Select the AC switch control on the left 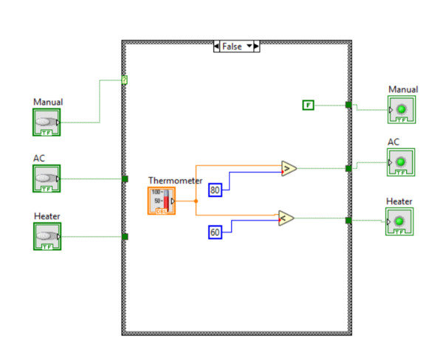coord(47,178)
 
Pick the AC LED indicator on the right coord(401,162)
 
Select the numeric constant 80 coord(216,190)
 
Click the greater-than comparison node coord(288,168)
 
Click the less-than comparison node coord(286,218)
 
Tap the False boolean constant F coord(308,105)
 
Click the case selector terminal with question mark coord(125,80)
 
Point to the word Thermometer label coord(175,180)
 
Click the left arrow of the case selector coord(216,46)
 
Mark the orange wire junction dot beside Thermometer coord(196,201)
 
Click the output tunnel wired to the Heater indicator coord(348,219)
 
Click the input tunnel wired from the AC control coord(125,178)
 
